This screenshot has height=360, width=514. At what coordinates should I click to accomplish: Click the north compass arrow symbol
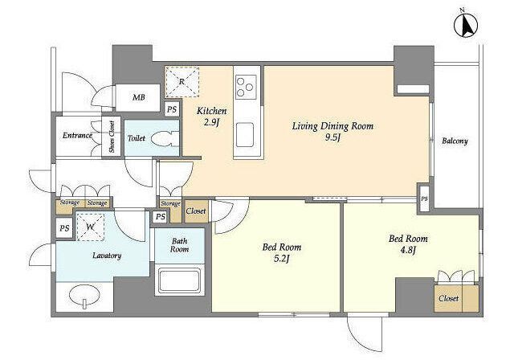[466, 25]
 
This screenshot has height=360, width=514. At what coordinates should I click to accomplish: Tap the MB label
[139, 97]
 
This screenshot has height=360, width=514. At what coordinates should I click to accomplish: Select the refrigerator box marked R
[182, 82]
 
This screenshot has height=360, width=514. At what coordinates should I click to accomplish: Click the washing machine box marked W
[91, 227]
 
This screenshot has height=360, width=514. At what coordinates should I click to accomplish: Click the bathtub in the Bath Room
[179, 281]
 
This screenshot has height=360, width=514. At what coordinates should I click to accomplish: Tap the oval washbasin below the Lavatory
[85, 296]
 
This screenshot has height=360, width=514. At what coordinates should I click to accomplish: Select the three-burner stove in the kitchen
[246, 87]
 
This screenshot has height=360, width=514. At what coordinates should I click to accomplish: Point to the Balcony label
[455, 141]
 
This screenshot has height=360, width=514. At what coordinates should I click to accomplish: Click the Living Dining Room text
[332, 126]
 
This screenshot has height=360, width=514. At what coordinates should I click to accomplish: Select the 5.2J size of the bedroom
[282, 259]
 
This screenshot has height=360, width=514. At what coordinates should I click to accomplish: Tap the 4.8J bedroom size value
[408, 251]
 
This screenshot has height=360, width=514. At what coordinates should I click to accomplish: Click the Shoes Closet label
[112, 137]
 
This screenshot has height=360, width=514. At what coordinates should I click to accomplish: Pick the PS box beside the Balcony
[424, 198]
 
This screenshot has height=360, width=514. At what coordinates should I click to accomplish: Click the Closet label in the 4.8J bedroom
[448, 298]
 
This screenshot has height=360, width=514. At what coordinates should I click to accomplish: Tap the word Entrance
[77, 135]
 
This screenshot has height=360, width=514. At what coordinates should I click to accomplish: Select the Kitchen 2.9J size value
[211, 123]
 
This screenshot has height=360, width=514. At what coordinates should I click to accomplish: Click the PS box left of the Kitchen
[172, 109]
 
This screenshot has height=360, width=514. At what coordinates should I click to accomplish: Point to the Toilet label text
[136, 138]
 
